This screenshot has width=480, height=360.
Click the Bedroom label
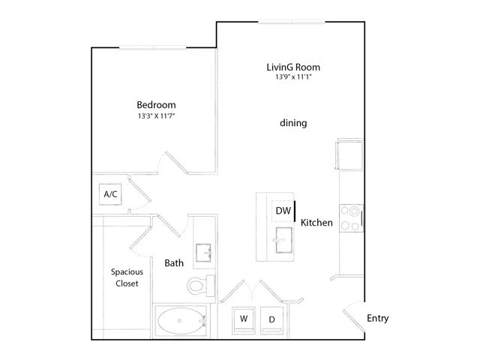pos(156,105)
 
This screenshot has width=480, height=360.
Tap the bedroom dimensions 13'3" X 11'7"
pos(156,116)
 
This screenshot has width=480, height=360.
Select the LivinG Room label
pos(293,67)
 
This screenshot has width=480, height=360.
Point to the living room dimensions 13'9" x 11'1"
pos(293,76)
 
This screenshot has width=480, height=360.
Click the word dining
pos(293,123)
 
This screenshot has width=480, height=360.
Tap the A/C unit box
pos(110,194)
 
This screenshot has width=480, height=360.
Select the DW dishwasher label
pos(283,211)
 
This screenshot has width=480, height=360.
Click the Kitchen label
pos(316,223)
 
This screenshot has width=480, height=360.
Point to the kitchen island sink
pos(283,240)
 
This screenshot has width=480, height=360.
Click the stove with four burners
pos(351,218)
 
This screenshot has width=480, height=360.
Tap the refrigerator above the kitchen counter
pos(349,154)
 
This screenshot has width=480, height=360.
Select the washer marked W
pos(244,320)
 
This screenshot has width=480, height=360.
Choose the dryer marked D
pos(271,320)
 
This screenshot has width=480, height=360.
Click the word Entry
pos(378,318)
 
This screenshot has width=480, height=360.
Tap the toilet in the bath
pos(201,286)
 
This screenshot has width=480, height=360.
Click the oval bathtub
pos(181,320)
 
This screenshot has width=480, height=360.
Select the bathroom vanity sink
pos(203,253)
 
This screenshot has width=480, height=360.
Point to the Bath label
pos(174,263)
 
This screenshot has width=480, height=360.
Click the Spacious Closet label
pos(127,277)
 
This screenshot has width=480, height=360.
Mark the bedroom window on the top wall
pos(152,47)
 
